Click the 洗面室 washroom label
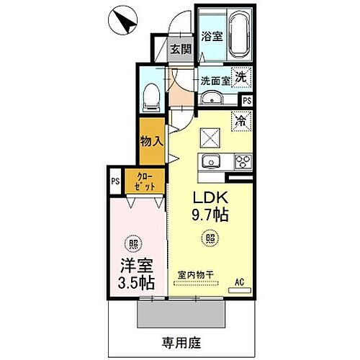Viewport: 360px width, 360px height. click(x=215, y=81)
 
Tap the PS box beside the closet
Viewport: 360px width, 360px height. click(x=116, y=182)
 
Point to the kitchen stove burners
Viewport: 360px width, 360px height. click(x=239, y=161)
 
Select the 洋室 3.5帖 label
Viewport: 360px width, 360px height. click(x=136, y=272)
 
